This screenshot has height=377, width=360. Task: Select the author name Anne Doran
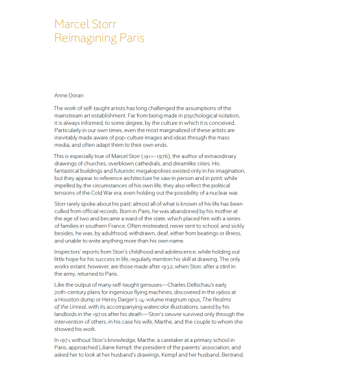click(69, 95)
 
